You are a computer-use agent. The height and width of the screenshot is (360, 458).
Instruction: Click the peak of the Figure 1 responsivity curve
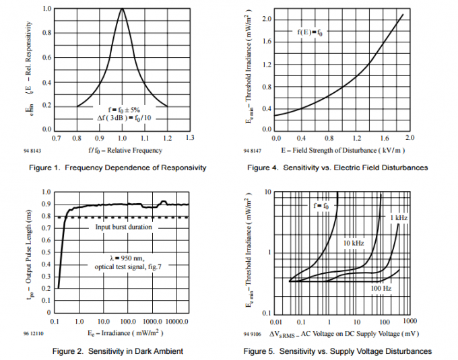click(x=122, y=9)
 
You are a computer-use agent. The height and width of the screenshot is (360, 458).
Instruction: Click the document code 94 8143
click(x=51, y=152)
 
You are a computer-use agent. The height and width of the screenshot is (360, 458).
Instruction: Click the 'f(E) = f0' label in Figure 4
click(x=309, y=32)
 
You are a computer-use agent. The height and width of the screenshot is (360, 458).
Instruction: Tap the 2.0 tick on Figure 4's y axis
click(x=266, y=19)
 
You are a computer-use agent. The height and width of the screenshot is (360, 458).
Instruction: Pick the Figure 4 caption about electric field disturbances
click(x=337, y=167)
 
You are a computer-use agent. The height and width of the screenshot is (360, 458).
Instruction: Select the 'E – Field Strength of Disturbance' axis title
click(x=341, y=149)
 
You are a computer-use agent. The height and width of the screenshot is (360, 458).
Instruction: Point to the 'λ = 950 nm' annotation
click(x=122, y=258)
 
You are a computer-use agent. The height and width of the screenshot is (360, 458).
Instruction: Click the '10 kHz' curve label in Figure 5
click(x=354, y=242)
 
